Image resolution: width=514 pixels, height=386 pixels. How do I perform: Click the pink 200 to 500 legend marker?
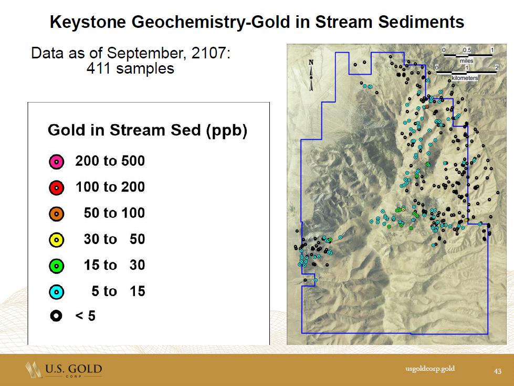56,162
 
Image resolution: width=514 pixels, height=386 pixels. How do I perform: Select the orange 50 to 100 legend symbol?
56,214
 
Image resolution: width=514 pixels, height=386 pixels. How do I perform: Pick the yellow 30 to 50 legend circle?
56,240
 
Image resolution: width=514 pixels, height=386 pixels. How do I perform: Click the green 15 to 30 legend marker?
56,266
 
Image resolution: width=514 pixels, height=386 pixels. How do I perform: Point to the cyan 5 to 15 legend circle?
56,292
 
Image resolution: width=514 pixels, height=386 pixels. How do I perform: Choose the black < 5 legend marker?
56,316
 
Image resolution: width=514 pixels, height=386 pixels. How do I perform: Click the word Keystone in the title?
88,22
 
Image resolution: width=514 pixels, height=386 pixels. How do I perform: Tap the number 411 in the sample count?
99,68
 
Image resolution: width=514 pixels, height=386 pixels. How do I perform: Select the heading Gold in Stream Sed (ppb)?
147,130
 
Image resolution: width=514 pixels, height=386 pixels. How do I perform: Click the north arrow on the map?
311,75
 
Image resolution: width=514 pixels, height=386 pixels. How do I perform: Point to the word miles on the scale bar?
466,61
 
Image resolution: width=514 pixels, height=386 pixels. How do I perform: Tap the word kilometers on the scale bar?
465,78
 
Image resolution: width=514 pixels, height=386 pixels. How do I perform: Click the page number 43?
498,371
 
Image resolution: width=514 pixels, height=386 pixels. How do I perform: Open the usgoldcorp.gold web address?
430,369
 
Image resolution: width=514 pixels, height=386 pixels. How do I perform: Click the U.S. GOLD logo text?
74,369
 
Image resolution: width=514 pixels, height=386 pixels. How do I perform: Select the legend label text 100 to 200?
110,187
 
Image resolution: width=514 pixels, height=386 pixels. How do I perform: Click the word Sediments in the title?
421,22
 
